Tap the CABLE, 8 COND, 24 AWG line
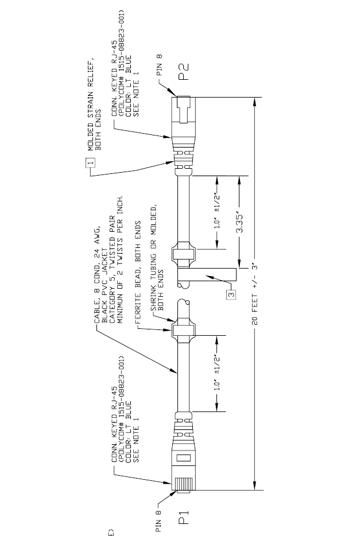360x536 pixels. tap(96, 272)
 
